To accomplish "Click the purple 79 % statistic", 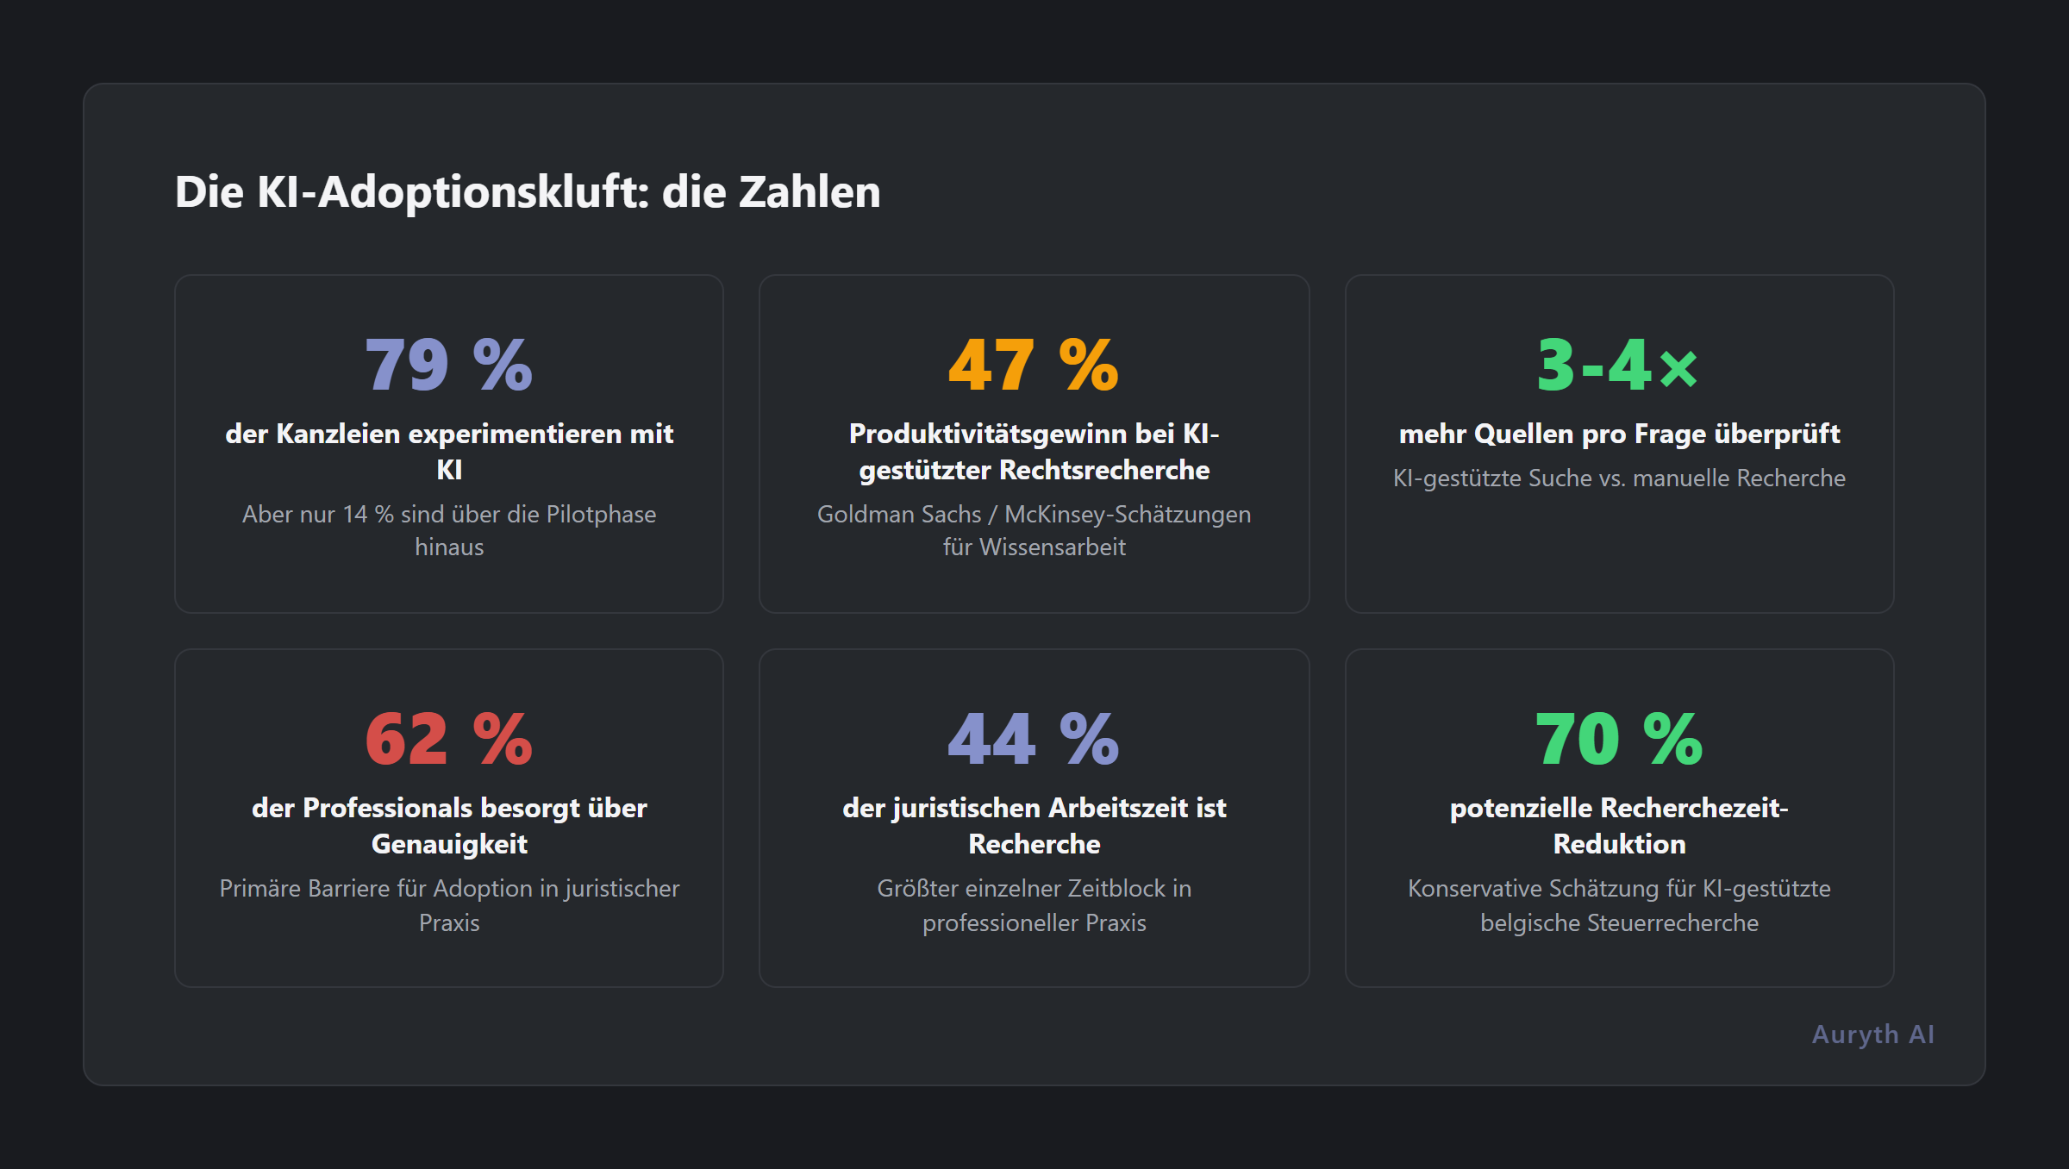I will pyautogui.click(x=448, y=365).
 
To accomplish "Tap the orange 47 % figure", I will pyautogui.click(x=1033, y=365).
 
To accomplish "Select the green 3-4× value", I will pyautogui.click(x=1618, y=365).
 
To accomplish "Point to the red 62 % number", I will pyautogui.click(x=448, y=739).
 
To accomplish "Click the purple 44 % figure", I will pyautogui.click(x=1033, y=739).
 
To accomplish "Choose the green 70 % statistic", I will pyautogui.click(x=1618, y=739).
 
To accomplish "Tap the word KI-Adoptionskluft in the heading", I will pyautogui.click(x=453, y=191).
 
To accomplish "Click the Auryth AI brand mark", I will pyautogui.click(x=1872, y=1034).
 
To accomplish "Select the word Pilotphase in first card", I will pyautogui.click(x=601, y=515).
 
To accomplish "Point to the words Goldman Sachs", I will pyautogui.click(x=899, y=515).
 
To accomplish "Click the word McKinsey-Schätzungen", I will pyautogui.click(x=1128, y=515).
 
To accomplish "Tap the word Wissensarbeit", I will pyautogui.click(x=1053, y=547).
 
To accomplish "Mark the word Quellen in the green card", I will pyautogui.click(x=1523, y=434).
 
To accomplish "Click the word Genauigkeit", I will pyautogui.click(x=448, y=844).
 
